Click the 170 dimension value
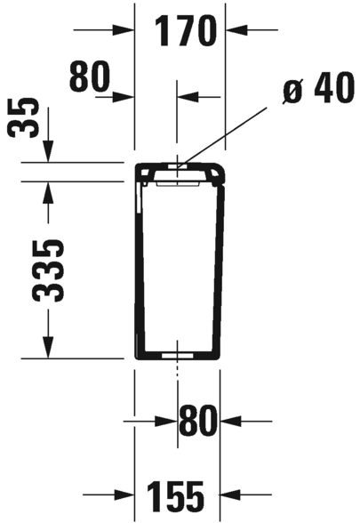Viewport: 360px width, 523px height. click(x=185, y=31)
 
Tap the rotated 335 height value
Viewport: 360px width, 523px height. click(x=48, y=270)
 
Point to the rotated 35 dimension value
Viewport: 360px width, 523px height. click(x=23, y=117)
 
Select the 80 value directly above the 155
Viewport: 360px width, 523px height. click(x=198, y=421)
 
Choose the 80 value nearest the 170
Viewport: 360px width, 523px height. click(x=89, y=76)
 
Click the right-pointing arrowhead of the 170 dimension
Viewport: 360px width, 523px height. click(x=124, y=30)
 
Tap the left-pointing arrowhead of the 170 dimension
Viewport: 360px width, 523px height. click(x=236, y=30)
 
